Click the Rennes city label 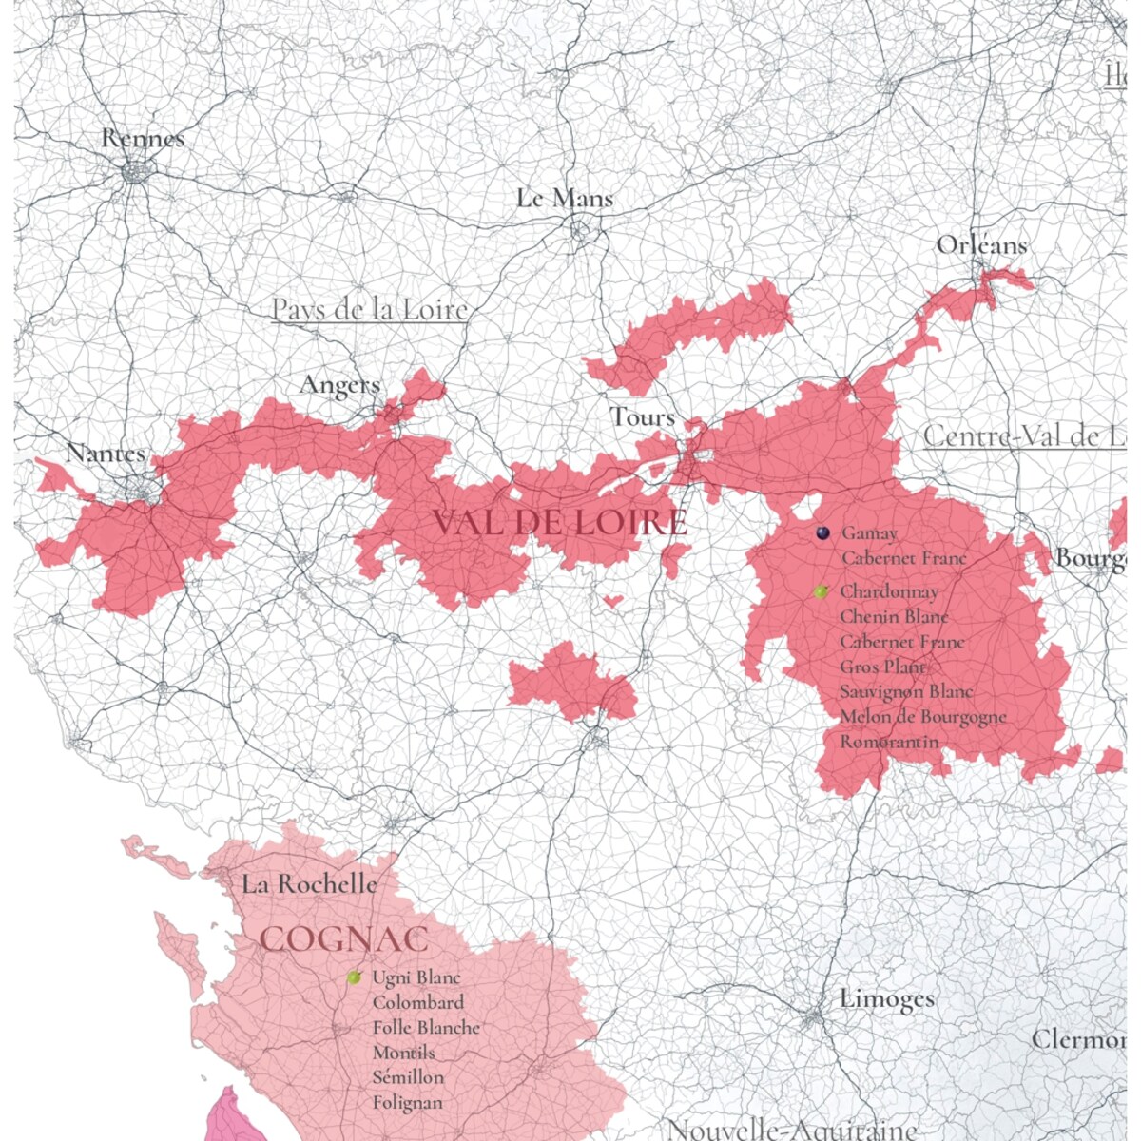(143, 139)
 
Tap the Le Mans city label (565, 199)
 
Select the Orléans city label (981, 245)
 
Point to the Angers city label (339, 385)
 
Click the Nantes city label (105, 454)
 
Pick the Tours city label (643, 416)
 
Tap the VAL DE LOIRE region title (559, 522)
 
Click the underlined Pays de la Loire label (370, 310)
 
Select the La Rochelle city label (309, 884)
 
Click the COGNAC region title (344, 939)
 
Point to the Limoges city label (886, 999)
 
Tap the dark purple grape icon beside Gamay (822, 533)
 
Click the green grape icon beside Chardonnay (822, 591)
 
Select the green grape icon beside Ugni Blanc (355, 977)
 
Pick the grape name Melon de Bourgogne (922, 717)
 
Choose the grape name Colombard (418, 1002)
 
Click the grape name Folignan (407, 1103)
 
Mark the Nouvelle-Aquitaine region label (791, 1130)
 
